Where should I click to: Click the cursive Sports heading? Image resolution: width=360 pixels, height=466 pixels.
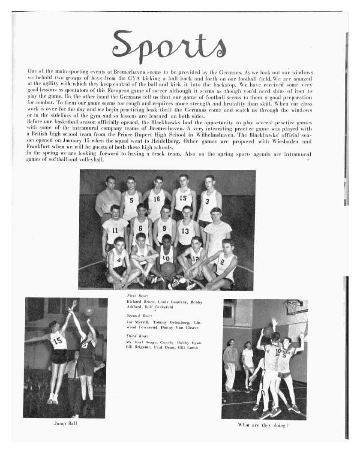click(x=169, y=44)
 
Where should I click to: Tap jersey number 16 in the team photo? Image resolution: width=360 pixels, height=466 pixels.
click(x=156, y=199)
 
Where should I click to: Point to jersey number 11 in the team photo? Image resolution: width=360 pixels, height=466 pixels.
click(x=115, y=230)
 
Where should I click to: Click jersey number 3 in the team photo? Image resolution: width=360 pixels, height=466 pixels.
click(x=207, y=201)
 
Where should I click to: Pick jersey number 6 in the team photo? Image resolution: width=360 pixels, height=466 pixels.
click(x=140, y=228)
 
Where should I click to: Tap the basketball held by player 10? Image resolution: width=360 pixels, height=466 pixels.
click(x=168, y=269)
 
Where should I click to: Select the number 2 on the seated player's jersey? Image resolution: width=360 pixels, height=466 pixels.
click(x=222, y=261)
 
